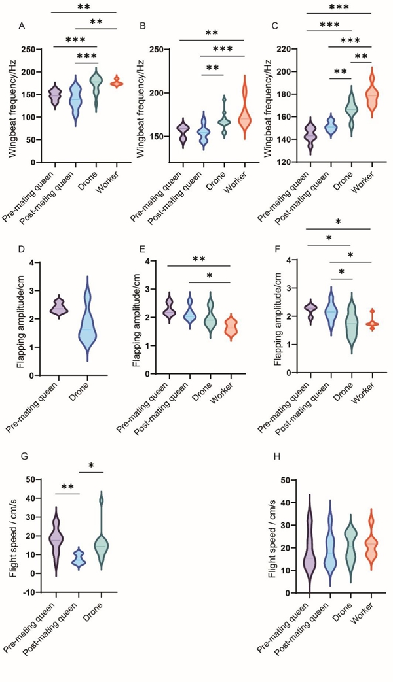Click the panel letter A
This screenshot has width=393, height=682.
coord(22,26)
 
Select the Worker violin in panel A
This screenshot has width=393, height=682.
coord(117,82)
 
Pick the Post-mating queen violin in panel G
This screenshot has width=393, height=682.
coord(79,558)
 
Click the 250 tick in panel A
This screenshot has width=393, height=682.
coord(31,50)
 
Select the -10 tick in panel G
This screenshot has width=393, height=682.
coord(30,593)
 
